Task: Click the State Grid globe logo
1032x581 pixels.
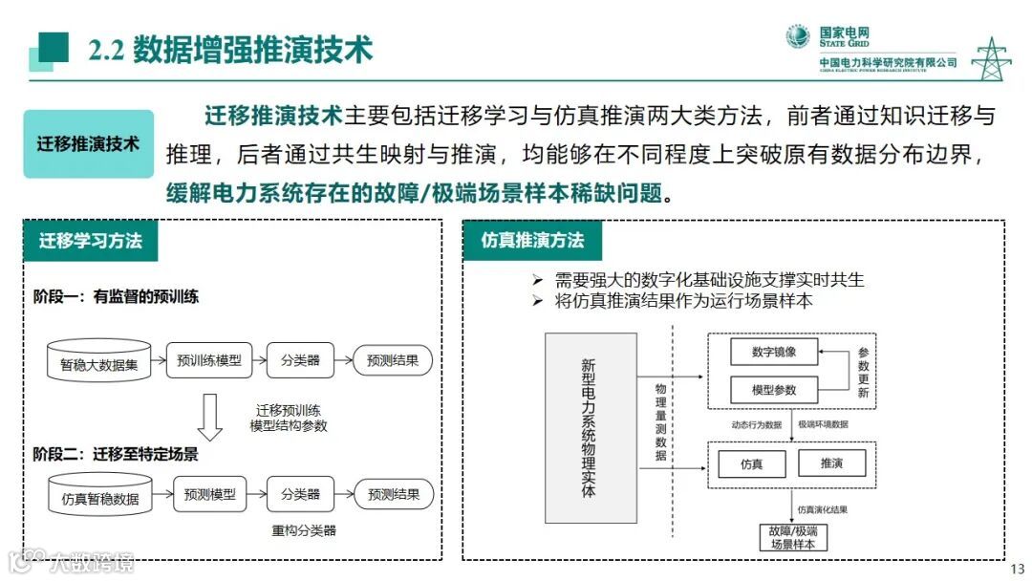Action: [x=798, y=37]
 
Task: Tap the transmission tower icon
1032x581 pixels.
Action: [x=991, y=59]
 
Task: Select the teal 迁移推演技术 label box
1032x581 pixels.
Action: [x=88, y=144]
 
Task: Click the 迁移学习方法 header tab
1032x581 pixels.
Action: [x=91, y=241]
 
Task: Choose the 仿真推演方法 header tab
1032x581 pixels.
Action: [x=532, y=241]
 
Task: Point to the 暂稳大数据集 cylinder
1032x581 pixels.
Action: [x=98, y=362]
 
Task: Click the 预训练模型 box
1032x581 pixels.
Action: [x=208, y=360]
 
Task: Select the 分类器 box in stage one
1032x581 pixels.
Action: [x=300, y=360]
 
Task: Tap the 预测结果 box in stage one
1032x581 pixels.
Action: [x=393, y=360]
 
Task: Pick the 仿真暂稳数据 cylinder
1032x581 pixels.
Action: [x=99, y=496]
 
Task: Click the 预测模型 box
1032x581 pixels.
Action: [x=208, y=494]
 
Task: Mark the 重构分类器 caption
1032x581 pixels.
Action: [x=304, y=530]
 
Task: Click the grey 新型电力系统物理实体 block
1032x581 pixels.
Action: [x=590, y=426]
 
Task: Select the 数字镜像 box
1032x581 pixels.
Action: [x=774, y=352]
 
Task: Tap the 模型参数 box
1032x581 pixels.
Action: [x=774, y=390]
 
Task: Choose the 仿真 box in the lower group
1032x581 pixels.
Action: [x=751, y=463]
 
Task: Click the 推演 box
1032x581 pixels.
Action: [x=830, y=463]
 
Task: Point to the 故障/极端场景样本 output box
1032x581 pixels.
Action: [x=793, y=537]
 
